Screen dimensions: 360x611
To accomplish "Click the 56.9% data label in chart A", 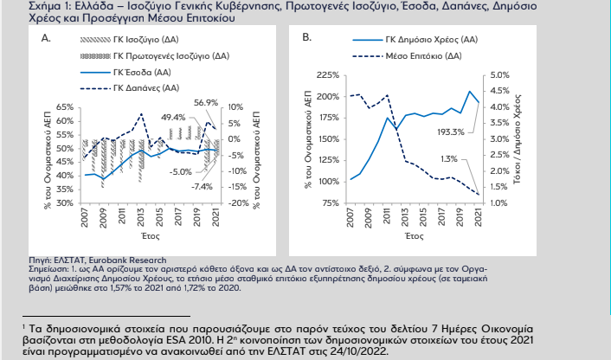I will click(x=206, y=102).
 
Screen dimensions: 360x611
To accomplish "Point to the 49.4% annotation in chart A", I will click(x=173, y=117).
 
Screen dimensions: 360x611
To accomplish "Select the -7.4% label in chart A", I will click(x=202, y=186).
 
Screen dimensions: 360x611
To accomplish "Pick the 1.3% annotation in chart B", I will click(x=449, y=158).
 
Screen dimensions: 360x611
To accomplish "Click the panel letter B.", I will click(x=307, y=39).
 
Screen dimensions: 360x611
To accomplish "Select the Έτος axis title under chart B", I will click(x=413, y=235).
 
